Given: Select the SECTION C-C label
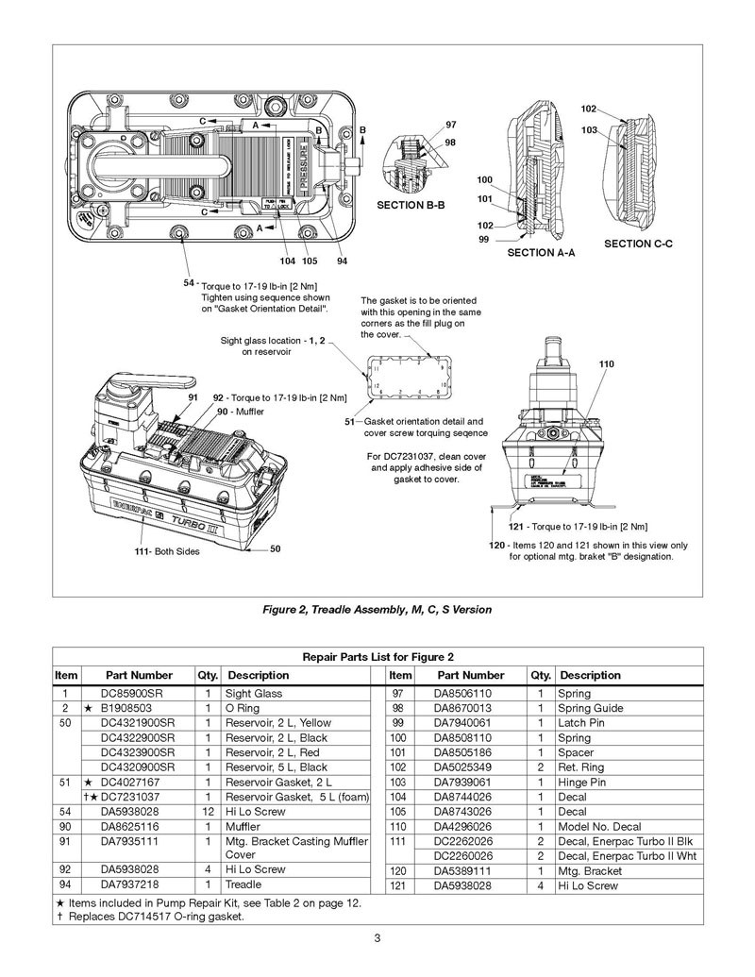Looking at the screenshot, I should click(x=638, y=244).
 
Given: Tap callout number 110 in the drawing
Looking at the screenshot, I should click(x=606, y=363).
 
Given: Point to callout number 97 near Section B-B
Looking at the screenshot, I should click(x=451, y=125).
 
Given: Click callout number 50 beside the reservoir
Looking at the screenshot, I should click(x=275, y=547).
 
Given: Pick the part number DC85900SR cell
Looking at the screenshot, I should click(x=139, y=693).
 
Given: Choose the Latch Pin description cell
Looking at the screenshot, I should click(x=581, y=722).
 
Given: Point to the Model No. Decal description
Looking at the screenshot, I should click(x=602, y=825).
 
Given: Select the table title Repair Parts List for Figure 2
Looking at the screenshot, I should click(x=377, y=656).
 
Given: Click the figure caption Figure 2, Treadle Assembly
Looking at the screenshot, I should click(x=377, y=610).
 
